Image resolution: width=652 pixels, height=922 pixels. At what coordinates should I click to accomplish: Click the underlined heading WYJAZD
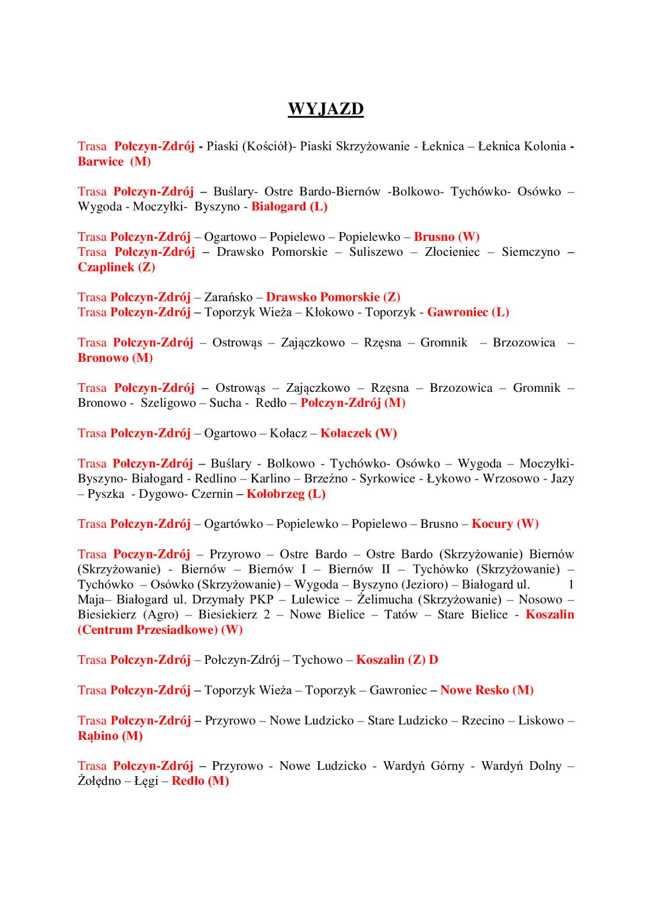coord(326,109)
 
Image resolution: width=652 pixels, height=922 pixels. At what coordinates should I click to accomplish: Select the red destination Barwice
coord(101,161)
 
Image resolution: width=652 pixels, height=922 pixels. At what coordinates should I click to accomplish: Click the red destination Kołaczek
coord(346,433)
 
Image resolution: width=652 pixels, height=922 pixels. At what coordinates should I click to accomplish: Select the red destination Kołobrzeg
coord(276,494)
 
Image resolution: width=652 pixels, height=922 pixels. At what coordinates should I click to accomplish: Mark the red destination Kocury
coord(492,524)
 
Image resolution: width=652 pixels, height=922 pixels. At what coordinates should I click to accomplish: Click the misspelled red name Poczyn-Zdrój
coord(152,554)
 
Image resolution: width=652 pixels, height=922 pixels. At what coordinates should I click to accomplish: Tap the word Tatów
coord(400,615)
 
